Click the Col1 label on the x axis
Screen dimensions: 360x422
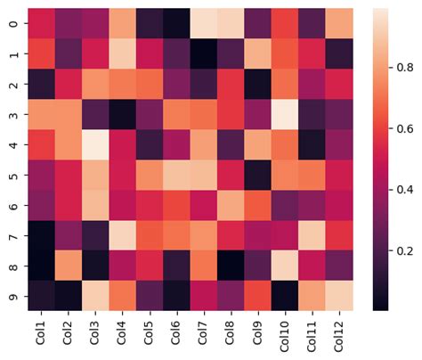40,333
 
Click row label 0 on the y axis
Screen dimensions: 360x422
12,23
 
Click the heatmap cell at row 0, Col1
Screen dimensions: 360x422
40,23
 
